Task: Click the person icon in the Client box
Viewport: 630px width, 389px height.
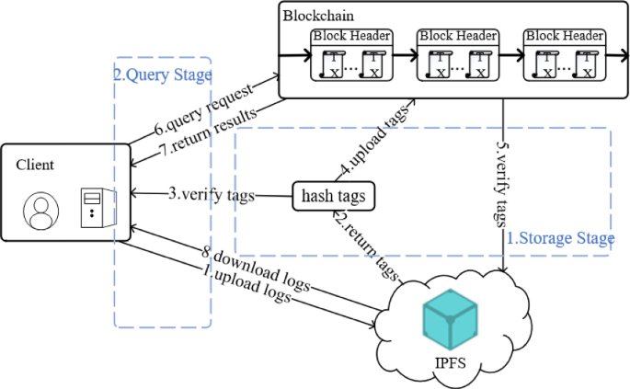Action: tap(40, 211)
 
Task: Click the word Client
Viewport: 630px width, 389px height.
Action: tap(35, 165)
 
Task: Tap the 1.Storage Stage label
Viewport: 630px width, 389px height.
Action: tap(560, 239)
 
